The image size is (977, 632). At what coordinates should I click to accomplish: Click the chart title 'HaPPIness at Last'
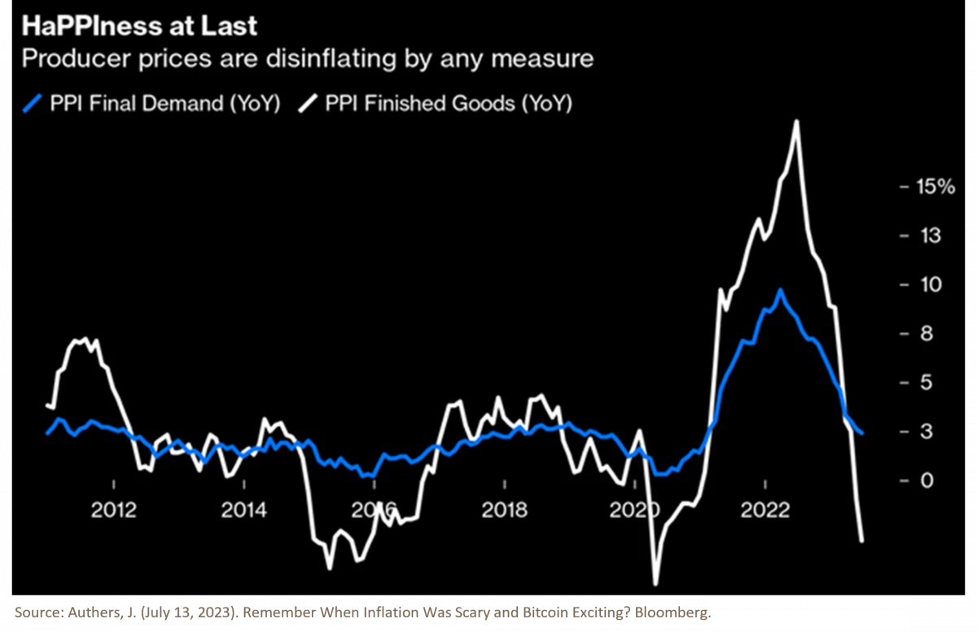[139, 26]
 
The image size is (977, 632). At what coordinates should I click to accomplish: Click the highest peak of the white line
[795, 121]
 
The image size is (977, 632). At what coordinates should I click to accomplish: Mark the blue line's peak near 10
[781, 289]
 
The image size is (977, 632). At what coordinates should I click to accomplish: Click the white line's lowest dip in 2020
[655, 583]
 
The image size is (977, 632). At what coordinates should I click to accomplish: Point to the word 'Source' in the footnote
[39, 612]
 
